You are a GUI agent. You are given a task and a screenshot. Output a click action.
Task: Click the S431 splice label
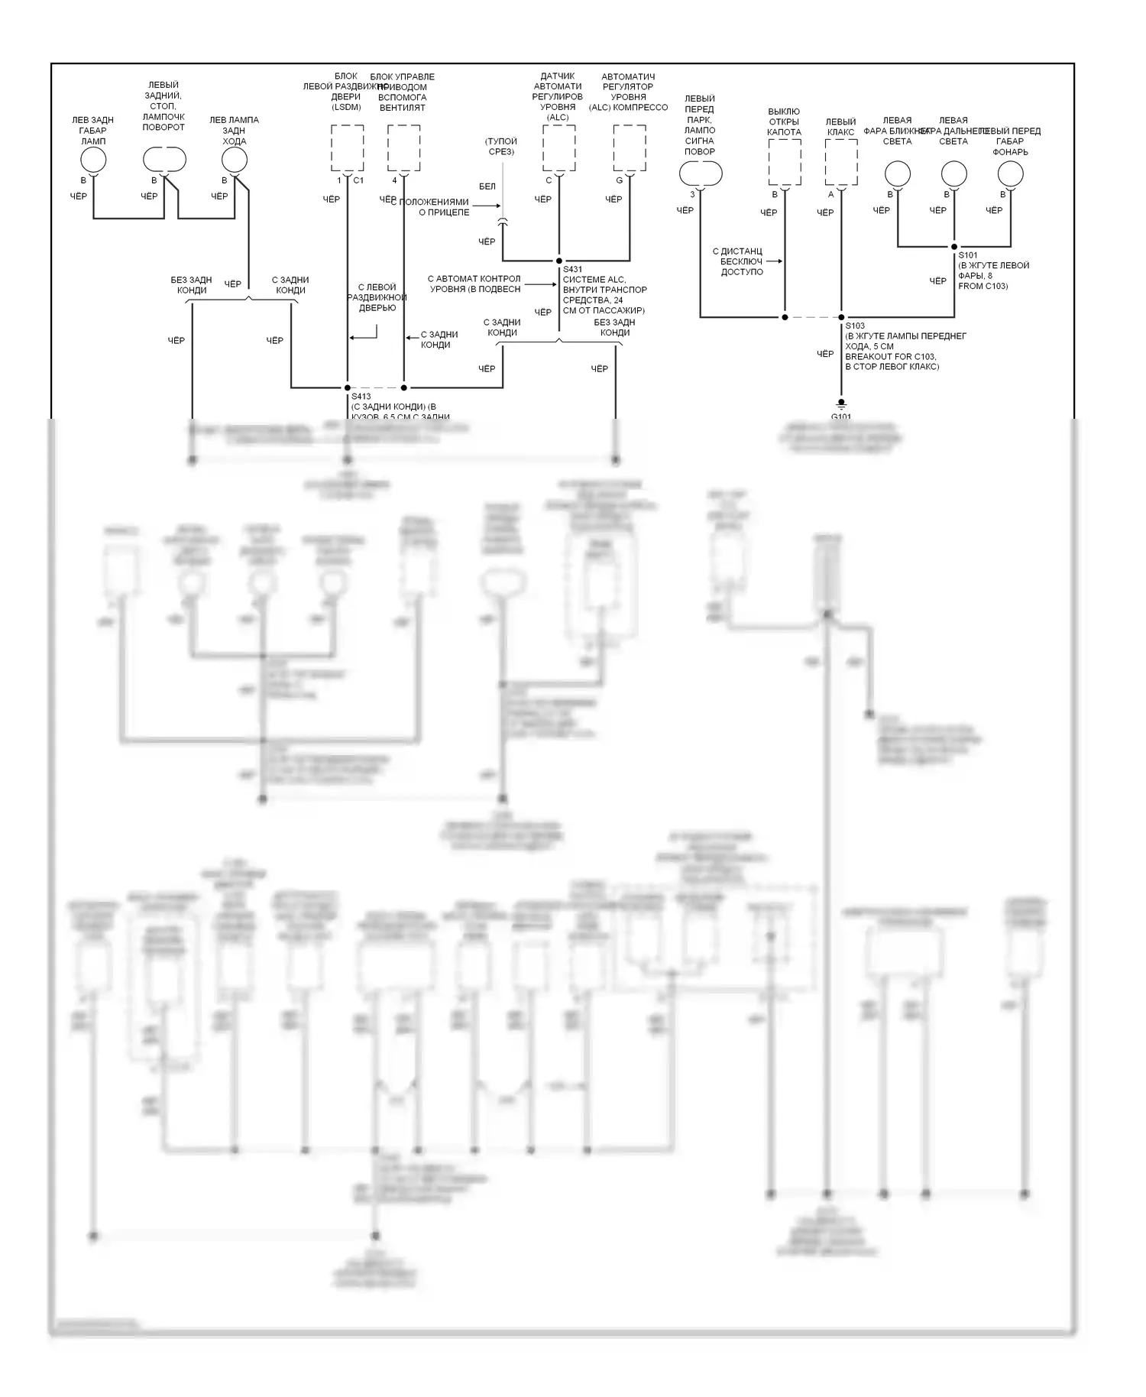(572, 270)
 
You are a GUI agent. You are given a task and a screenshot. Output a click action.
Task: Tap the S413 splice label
(361, 397)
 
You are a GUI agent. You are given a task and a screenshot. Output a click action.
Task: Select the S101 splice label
(967, 255)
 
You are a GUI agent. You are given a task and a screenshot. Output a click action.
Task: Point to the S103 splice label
(854, 326)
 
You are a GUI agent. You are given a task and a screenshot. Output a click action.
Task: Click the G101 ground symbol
(840, 404)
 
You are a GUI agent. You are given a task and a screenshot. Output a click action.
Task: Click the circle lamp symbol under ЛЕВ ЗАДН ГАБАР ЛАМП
(93, 160)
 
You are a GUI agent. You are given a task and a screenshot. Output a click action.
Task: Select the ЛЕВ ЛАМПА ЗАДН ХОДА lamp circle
(234, 160)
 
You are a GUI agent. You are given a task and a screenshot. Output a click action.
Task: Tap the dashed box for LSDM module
(347, 147)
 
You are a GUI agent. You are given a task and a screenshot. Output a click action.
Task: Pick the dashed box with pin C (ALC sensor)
(558, 147)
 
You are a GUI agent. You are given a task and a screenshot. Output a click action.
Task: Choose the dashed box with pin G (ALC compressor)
(630, 147)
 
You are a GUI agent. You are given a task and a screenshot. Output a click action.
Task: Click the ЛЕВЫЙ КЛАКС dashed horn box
(841, 161)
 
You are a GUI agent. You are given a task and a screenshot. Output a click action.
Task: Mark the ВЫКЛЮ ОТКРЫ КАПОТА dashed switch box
(785, 161)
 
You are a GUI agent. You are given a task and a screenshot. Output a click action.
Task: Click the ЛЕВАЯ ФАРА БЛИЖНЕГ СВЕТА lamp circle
(897, 174)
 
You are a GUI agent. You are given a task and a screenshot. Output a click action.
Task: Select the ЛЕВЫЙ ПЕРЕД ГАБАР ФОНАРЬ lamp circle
(1010, 174)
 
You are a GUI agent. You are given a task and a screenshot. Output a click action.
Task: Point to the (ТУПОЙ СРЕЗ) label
(502, 146)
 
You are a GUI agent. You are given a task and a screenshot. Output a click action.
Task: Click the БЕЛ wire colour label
(487, 186)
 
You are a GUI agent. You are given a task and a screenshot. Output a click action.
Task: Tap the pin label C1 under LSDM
(358, 180)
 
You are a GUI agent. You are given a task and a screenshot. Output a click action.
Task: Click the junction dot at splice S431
(558, 261)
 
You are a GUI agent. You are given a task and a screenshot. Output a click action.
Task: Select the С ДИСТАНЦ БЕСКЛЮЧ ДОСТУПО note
(741, 261)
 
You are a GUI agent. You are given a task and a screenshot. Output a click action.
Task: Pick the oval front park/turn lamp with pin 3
(700, 174)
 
